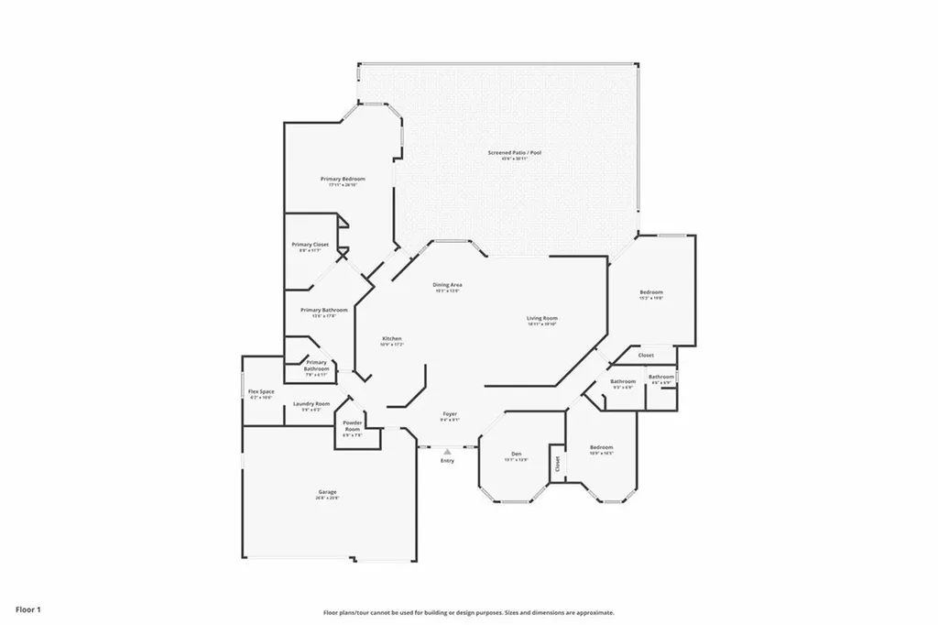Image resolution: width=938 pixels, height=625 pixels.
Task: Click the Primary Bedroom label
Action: point(343,179)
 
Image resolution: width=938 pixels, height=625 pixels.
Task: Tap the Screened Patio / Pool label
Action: point(514,153)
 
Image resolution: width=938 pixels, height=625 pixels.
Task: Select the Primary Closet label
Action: point(310,245)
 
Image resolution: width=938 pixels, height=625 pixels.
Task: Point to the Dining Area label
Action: point(447,285)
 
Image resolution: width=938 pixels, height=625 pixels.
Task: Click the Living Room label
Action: point(542,319)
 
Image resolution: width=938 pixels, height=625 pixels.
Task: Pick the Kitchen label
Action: point(391,339)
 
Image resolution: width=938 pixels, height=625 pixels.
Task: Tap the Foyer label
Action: point(450,414)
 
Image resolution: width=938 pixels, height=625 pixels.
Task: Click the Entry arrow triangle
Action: point(447,451)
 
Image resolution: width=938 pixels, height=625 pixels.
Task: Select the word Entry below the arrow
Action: point(447,460)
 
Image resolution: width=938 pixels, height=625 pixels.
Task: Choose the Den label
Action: point(516,454)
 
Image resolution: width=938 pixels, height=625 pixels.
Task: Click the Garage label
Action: point(328,492)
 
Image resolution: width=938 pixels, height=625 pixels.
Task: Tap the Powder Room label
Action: point(353,426)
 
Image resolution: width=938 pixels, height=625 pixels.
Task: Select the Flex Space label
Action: point(261,392)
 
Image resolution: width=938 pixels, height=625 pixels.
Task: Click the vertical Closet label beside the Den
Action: point(556,464)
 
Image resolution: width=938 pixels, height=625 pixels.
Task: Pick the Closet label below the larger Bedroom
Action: point(646,356)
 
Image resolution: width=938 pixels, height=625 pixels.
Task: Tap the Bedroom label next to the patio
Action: point(651,292)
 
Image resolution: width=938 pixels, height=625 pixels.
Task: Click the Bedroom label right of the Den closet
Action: point(601,447)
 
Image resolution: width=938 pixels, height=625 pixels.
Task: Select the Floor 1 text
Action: point(27,609)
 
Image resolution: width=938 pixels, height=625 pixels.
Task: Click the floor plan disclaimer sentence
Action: point(468,612)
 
